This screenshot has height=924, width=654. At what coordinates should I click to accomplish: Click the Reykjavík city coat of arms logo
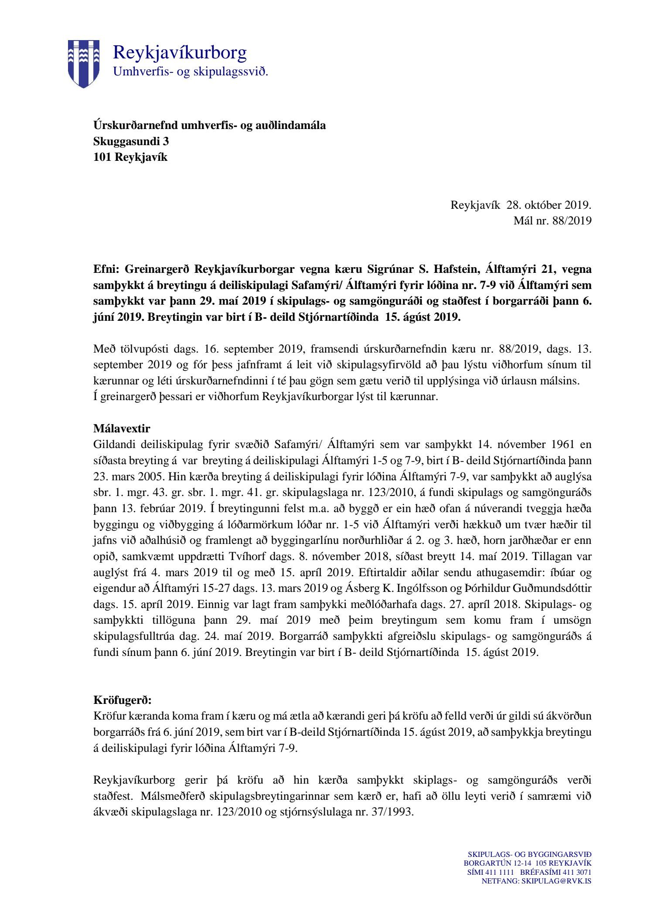[83, 64]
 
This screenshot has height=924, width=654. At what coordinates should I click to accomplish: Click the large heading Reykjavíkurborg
[180, 53]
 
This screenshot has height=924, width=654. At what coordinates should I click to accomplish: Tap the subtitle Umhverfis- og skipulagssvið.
[191, 71]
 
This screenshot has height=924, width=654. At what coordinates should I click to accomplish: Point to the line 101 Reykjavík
[130, 157]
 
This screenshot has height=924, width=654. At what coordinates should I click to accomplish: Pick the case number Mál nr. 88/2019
[552, 221]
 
